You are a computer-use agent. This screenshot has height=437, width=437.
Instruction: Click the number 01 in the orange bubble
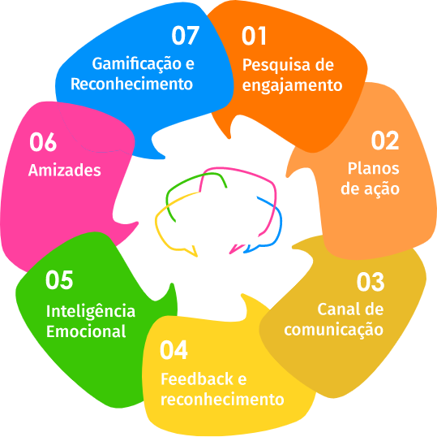(x=254, y=36)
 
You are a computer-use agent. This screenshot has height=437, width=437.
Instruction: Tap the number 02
(x=385, y=141)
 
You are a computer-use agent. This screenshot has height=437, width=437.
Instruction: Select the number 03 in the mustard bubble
(x=371, y=282)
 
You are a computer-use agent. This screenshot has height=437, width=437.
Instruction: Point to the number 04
(x=174, y=350)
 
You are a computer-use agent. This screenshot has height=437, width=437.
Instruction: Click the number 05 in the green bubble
(x=59, y=279)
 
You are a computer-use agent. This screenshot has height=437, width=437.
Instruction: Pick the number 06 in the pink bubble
(x=43, y=142)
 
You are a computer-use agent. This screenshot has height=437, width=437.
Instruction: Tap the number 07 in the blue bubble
(x=186, y=35)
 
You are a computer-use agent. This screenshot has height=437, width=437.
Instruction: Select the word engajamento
(x=292, y=86)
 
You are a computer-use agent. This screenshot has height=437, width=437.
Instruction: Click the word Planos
(x=374, y=169)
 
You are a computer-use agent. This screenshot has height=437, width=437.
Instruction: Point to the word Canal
(x=338, y=309)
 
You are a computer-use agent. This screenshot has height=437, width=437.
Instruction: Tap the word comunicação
(x=334, y=331)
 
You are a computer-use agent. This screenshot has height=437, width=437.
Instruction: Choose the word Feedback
(x=197, y=379)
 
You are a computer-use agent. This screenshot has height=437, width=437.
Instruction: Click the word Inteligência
(x=91, y=312)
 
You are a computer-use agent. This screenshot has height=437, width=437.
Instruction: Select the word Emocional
(x=86, y=331)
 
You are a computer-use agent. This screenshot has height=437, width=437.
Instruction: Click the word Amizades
(x=65, y=170)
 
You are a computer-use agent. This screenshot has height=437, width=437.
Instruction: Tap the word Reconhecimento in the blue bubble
(x=131, y=84)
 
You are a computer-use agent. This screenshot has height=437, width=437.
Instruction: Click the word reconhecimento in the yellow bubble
(x=222, y=400)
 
